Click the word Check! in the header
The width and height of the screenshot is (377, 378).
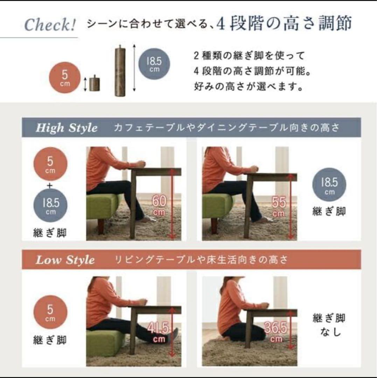click(x=50, y=25)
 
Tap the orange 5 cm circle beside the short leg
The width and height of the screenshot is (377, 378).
click(x=65, y=78)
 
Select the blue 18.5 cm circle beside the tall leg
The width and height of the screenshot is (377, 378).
click(x=154, y=63)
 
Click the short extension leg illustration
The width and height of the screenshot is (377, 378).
click(x=94, y=83)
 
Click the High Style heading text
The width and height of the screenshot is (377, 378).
click(x=67, y=128)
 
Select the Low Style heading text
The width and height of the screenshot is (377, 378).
click(x=65, y=260)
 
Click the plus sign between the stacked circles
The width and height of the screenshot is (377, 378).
click(x=50, y=186)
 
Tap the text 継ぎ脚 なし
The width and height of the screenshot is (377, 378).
click(x=329, y=325)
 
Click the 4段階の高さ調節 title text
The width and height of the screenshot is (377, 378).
click(x=284, y=24)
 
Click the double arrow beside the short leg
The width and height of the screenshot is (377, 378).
click(x=85, y=84)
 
